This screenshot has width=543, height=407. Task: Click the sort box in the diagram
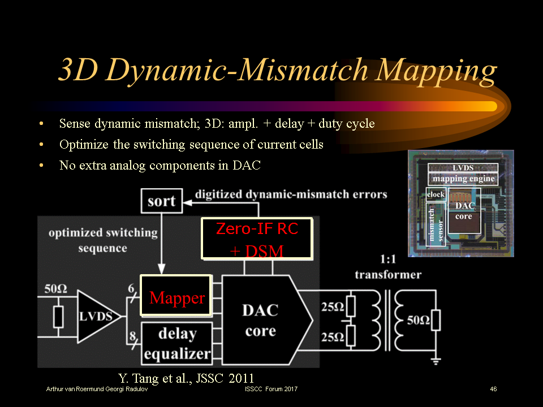click(x=162, y=201)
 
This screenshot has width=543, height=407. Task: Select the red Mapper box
click(x=176, y=297)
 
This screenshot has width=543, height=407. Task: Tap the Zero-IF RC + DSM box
click(x=257, y=239)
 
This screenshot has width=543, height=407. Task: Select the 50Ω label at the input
click(x=56, y=289)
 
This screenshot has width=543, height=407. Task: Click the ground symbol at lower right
click(x=436, y=360)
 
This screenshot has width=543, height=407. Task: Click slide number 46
click(x=493, y=389)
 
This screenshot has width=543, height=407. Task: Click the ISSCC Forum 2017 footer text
click(x=271, y=389)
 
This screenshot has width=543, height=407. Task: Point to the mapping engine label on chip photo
click(x=463, y=179)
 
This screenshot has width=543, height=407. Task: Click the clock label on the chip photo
click(x=436, y=194)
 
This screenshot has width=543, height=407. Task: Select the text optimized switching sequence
click(x=103, y=240)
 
